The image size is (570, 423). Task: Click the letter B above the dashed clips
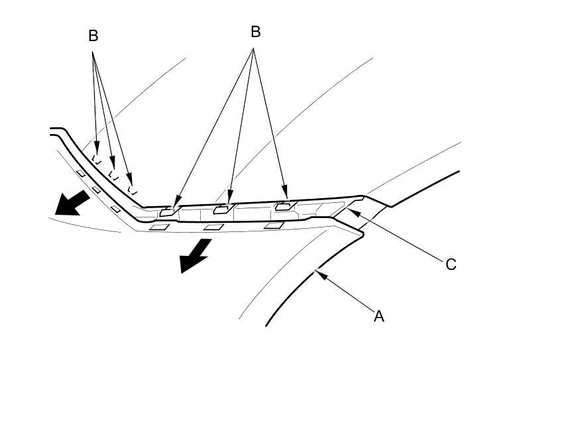coord(93,36)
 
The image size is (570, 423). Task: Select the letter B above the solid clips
coord(255,31)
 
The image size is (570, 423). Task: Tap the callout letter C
coord(451,265)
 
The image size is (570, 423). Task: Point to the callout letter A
coord(379,316)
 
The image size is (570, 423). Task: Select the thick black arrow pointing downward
coord(195,256)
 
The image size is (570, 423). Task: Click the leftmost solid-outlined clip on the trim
coord(168,213)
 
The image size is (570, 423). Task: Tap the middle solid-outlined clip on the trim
coord(221,210)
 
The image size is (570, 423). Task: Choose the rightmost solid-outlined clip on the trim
coord(283,206)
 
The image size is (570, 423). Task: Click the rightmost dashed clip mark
coord(132,189)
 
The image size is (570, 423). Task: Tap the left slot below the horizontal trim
coord(158,227)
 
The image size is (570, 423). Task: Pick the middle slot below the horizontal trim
coord(213,227)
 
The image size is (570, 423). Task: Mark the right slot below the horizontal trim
coord(274,226)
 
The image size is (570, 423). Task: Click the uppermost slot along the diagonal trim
coord(80,174)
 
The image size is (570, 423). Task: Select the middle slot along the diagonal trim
coord(96,190)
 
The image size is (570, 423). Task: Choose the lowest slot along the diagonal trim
coord(115,210)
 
